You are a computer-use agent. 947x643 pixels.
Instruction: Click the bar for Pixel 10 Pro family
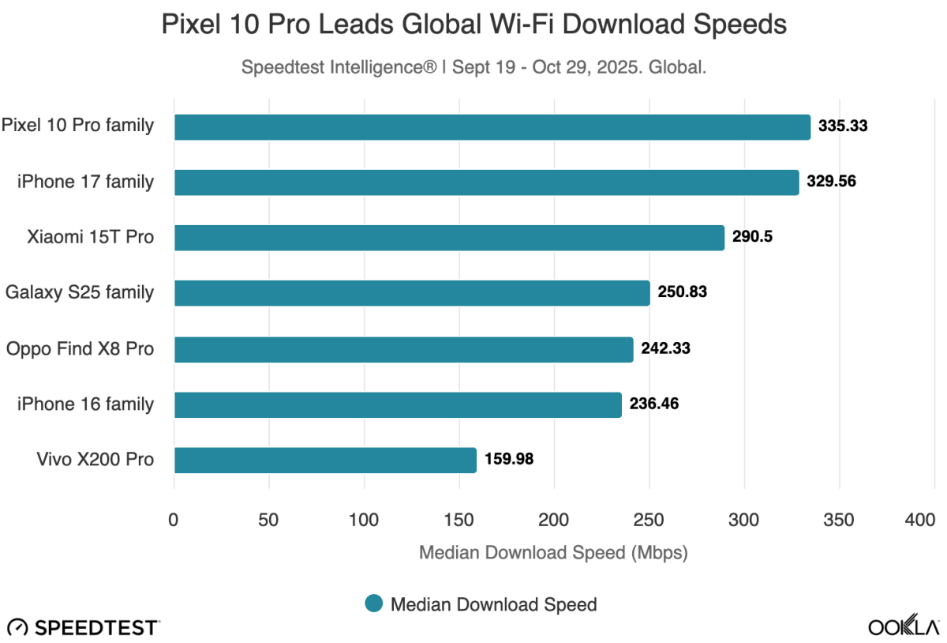pos(492,127)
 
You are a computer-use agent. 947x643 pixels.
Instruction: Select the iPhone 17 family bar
pos(486,182)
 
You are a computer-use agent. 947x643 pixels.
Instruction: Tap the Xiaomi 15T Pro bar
pos(449,238)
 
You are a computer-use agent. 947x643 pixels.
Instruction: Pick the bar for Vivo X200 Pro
pos(325,460)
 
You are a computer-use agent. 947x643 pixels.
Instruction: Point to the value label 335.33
pos(843,126)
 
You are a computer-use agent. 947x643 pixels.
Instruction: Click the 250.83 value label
pos(682,292)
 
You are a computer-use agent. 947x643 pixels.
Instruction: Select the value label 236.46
pos(654,404)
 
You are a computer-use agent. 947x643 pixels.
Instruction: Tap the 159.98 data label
pos(508,459)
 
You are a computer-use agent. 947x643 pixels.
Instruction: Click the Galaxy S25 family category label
pos(79,292)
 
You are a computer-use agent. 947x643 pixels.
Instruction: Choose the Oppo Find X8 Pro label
pos(79,348)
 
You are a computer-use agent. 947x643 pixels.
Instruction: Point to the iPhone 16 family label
pos(85,404)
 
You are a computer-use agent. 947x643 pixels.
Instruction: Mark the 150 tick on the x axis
pos(459,520)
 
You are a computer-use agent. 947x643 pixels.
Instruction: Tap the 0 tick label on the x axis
pos(174,520)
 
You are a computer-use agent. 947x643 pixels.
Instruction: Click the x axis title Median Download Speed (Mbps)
pos(553,552)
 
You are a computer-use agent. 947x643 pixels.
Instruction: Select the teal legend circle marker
pos(374,604)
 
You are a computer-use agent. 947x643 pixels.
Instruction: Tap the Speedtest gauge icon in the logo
pos(18,628)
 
